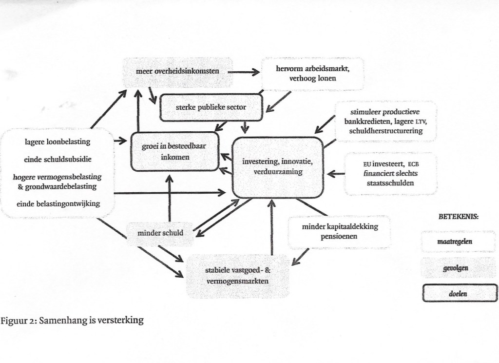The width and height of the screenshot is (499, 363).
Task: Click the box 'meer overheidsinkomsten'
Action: tap(177, 72)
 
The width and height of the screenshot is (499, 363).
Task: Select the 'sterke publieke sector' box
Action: tap(211, 107)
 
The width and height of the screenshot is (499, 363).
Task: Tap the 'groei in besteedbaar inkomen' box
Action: tap(174, 151)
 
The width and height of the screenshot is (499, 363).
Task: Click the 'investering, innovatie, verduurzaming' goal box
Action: tap(277, 166)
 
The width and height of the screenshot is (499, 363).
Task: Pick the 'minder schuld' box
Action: tap(160, 233)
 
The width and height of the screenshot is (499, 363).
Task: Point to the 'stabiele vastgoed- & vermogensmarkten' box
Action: tap(237, 276)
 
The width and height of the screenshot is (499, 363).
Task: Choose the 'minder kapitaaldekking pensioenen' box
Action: tap(339, 231)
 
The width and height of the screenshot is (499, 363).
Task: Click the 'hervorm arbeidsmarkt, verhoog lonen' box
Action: tap(312, 74)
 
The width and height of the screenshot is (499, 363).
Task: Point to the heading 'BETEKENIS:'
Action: tap(458, 217)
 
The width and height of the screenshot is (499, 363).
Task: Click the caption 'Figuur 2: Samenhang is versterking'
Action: tap(72, 321)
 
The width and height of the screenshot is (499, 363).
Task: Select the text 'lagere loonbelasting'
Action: tap(58, 142)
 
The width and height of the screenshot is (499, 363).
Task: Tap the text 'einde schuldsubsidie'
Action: tap(58, 159)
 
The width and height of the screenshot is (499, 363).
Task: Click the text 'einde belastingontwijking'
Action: tap(58, 203)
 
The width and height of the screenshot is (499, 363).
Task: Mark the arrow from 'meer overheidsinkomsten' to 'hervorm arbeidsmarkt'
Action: tap(244, 72)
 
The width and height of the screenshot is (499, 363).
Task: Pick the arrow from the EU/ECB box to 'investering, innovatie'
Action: tap(336, 173)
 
